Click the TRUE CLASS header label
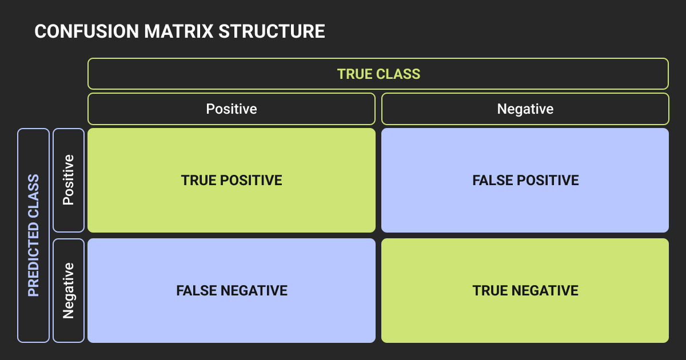pos(378,74)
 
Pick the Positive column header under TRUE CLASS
pos(232,109)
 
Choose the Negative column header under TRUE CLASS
pos(525,109)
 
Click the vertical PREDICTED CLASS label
pos(34,235)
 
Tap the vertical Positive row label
pos(69,179)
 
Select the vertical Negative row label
pos(69,290)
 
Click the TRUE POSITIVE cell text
pos(232,181)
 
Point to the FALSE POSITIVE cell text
pos(525,181)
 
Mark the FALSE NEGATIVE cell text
pos(232,291)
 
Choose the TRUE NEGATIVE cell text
pos(525,291)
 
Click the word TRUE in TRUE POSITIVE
pos(197,181)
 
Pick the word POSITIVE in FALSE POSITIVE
pos(545,181)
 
